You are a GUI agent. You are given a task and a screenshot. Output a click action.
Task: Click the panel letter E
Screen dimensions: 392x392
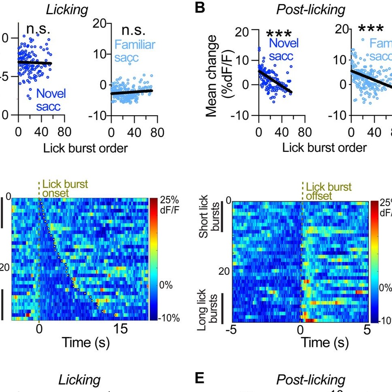coord(200,379)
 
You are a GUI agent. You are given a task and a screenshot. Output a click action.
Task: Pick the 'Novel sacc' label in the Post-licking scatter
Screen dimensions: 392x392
coord(281,50)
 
